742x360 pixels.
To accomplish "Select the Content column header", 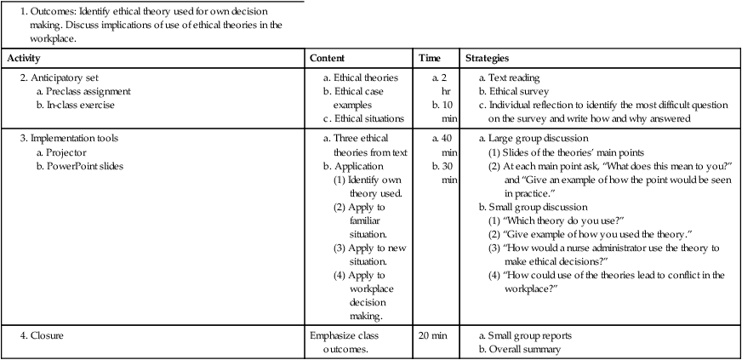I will point(328,59).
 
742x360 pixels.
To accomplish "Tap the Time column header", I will point(430,59).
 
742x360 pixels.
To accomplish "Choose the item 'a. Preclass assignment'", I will point(83,92).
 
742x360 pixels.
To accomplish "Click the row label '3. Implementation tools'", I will point(69,137).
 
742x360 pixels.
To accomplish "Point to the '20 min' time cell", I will point(432,335).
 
